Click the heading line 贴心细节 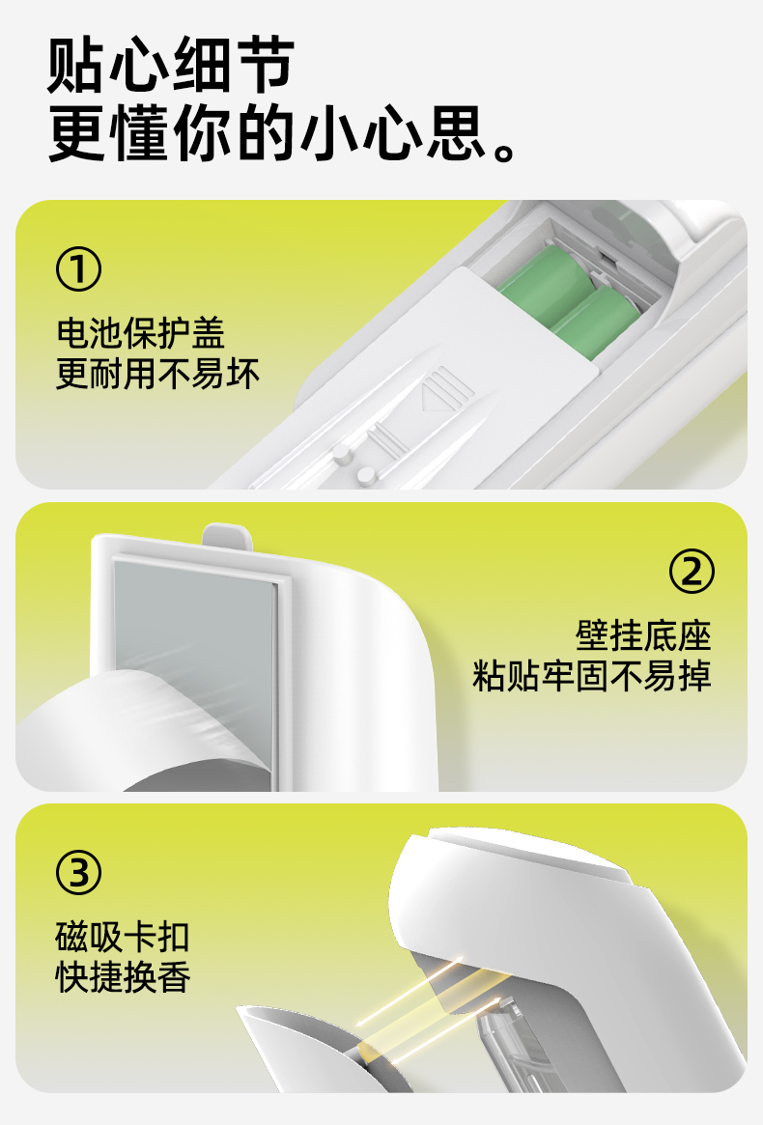[171, 66]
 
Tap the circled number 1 [78, 269]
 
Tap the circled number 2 [692, 571]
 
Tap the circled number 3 [78, 872]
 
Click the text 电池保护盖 [141, 333]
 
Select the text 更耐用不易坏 [157, 375]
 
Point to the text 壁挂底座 [643, 635]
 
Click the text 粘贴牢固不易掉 [591, 677]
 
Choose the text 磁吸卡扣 [123, 937]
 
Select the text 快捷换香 [123, 978]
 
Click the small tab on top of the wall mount [228, 536]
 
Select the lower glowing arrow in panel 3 [445, 1031]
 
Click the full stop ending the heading [504, 152]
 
